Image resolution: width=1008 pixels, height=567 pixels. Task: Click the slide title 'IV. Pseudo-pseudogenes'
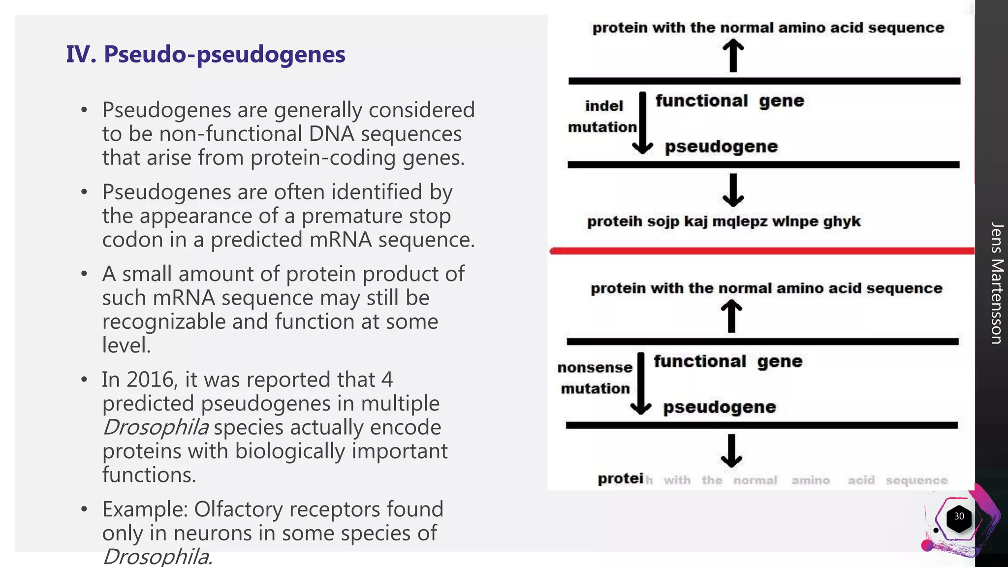coord(206,54)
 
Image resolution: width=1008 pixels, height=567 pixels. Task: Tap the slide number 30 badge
coord(959,516)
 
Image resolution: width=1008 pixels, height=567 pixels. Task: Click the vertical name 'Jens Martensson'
coord(997,283)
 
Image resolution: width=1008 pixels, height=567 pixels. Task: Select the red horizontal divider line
coord(762,251)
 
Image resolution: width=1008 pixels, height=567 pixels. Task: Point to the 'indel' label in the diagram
coord(604,106)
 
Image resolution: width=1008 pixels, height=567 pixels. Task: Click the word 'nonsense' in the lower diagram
coord(595,367)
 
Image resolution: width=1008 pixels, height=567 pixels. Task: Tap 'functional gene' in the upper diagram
coord(729,101)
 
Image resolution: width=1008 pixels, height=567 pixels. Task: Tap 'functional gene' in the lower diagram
coord(728,362)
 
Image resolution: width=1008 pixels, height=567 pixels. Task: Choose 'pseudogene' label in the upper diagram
coord(721,147)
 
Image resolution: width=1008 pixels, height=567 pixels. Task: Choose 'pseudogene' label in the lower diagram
coord(719,408)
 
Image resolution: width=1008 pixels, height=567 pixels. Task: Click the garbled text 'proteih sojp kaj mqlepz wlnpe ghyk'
coord(724,221)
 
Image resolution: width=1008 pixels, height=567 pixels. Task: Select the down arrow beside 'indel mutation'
coord(642,123)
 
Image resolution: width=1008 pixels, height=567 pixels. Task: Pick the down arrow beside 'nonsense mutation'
coord(641,384)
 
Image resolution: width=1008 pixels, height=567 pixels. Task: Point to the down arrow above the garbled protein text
coord(733,190)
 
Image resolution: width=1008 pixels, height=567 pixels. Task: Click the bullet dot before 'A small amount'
coord(85,274)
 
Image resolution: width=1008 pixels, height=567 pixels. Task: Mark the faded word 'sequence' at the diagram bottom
coord(916,480)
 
